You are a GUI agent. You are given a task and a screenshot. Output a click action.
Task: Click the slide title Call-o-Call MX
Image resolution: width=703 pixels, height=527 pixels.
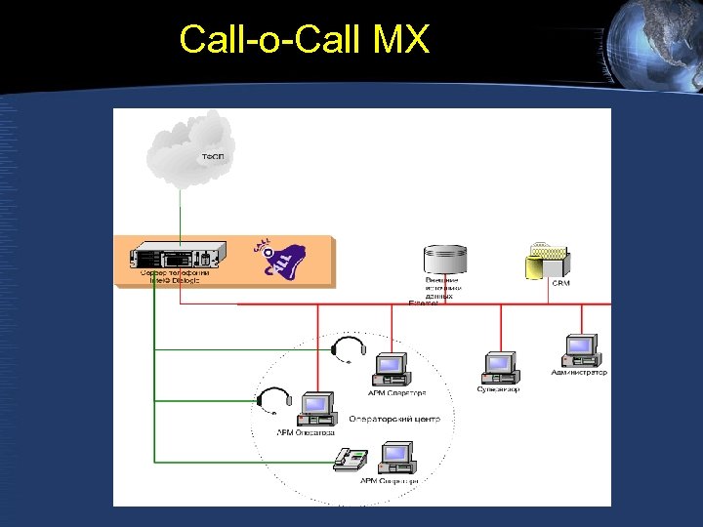[304, 40]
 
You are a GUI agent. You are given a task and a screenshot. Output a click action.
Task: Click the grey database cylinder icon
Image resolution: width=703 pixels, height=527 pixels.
[445, 261]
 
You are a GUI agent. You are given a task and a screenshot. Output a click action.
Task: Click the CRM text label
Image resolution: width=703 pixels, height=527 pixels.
[560, 283]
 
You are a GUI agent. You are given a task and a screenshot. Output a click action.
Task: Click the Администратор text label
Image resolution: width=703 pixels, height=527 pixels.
[579, 372]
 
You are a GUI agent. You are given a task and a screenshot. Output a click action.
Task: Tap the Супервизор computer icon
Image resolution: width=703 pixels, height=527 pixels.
[499, 367]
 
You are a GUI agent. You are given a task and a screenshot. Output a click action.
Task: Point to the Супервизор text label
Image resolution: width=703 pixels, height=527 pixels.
[498, 389]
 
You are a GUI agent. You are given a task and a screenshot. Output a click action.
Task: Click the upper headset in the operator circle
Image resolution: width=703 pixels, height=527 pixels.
[348, 348]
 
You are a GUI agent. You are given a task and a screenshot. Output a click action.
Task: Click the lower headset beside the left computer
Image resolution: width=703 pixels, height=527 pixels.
[273, 400]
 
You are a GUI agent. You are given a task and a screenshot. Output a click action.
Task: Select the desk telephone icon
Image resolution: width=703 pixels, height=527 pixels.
[350, 459]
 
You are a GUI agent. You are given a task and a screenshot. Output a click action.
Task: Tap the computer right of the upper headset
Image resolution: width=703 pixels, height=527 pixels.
[390, 370]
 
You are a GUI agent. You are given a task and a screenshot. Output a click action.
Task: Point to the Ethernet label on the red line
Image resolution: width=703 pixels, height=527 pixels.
[424, 304]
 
